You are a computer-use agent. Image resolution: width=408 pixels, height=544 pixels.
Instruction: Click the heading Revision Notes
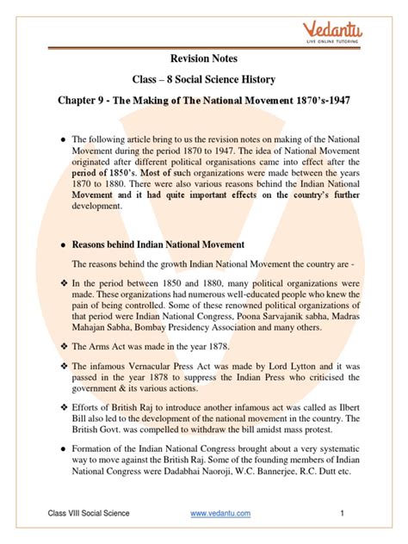tap(205, 58)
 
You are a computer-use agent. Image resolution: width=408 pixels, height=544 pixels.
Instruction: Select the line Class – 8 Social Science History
tap(204, 81)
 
